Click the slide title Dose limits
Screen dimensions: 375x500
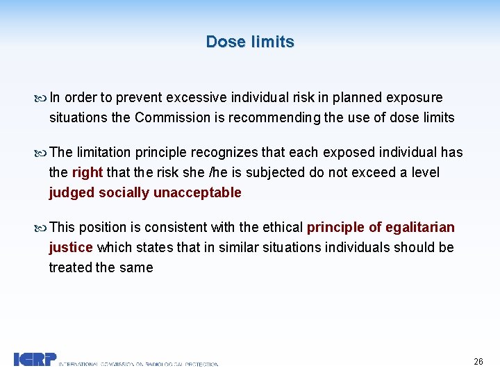click(250, 42)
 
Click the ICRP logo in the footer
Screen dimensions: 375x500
click(34, 359)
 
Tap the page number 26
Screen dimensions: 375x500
click(478, 361)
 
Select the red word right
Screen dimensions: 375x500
click(87, 172)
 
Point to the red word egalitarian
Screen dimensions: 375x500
click(419, 227)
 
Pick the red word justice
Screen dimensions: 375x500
click(71, 247)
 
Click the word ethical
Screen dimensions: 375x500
click(283, 227)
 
